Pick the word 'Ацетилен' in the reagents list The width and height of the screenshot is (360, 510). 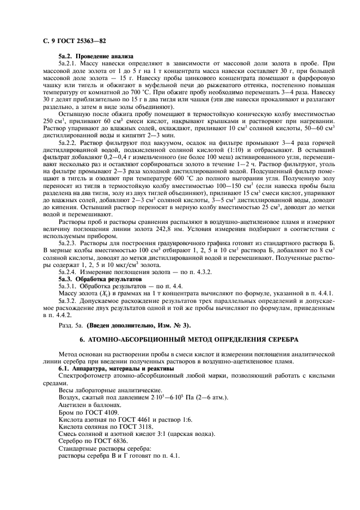coord(73,405)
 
